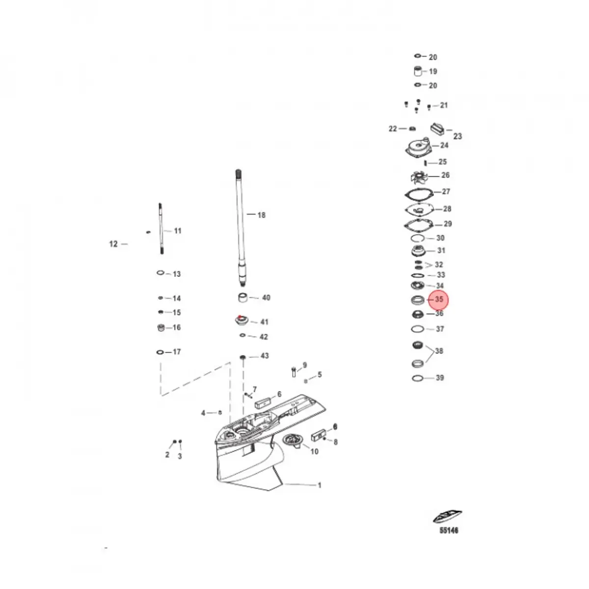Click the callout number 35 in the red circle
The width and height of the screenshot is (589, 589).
pos(439,299)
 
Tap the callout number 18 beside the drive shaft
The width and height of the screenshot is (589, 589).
pos(261,215)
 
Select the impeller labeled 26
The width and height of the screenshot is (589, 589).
pos(418,176)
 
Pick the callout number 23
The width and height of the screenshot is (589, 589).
pos(457,136)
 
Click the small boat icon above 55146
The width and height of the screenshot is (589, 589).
pos(447,517)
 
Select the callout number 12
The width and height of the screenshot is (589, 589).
pos(113,244)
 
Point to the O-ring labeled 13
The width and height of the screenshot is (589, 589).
pos(161,273)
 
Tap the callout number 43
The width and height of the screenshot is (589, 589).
pos(265,356)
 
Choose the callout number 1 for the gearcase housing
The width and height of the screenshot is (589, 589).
pos(320,485)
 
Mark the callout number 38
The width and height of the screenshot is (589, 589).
pos(439,351)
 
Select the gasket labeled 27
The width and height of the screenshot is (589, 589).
pos(418,193)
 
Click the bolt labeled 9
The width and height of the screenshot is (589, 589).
pos(294,371)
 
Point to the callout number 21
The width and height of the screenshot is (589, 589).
pos(444,105)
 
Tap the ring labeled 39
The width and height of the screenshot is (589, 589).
pos(417,378)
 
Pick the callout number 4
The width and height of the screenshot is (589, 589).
pos(203,413)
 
